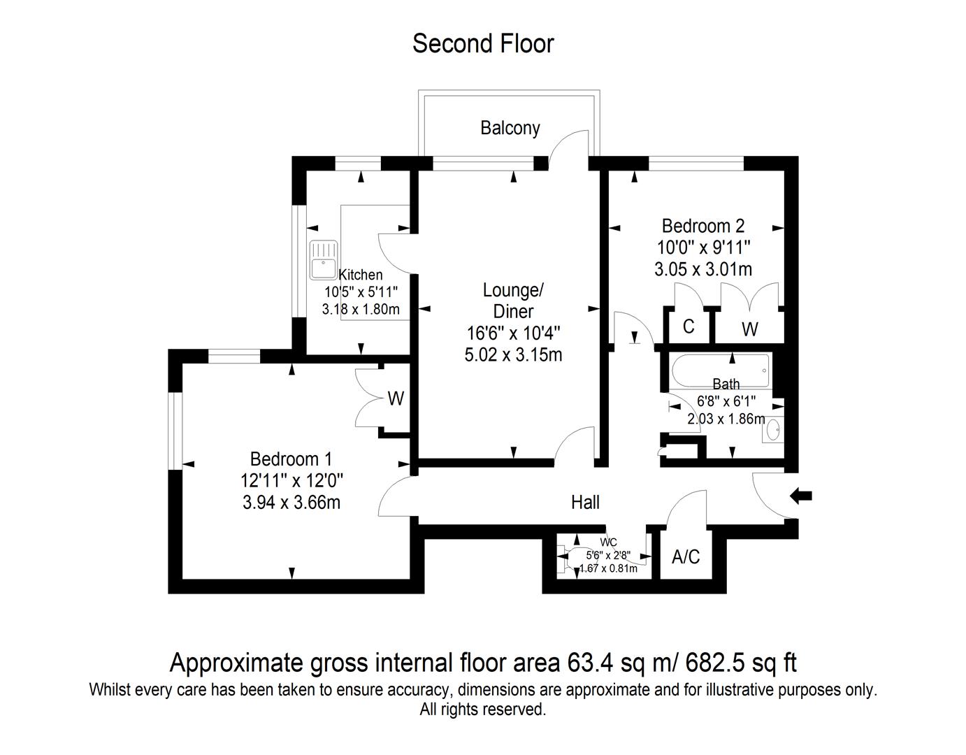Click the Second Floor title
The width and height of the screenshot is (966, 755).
pyautogui.click(x=483, y=43)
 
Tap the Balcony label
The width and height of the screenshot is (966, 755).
pyautogui.click(x=510, y=128)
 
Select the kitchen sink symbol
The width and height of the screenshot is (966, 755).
pyautogui.click(x=324, y=261)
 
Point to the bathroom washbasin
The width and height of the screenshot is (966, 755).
pyautogui.click(x=773, y=429)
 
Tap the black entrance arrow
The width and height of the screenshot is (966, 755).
pyautogui.click(x=801, y=496)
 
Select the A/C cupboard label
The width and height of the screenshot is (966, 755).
pyautogui.click(x=686, y=556)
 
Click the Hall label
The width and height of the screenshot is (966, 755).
pyautogui.click(x=586, y=502)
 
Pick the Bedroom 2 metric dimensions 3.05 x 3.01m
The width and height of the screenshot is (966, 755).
pyautogui.click(x=702, y=269)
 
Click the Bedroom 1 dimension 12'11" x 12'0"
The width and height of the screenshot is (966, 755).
pyautogui.click(x=291, y=480)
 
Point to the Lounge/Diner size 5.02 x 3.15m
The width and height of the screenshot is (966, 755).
pyautogui.click(x=514, y=354)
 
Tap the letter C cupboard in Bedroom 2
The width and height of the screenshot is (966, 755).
pyautogui.click(x=689, y=326)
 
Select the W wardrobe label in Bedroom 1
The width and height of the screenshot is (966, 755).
pyautogui.click(x=396, y=398)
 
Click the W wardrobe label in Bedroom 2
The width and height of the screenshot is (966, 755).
pyautogui.click(x=750, y=329)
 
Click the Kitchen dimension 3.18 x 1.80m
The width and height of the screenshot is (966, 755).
pyautogui.click(x=361, y=309)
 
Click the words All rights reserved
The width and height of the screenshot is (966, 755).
pyautogui.click(x=483, y=710)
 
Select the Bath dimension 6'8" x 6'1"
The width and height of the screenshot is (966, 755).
pyautogui.click(x=726, y=401)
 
